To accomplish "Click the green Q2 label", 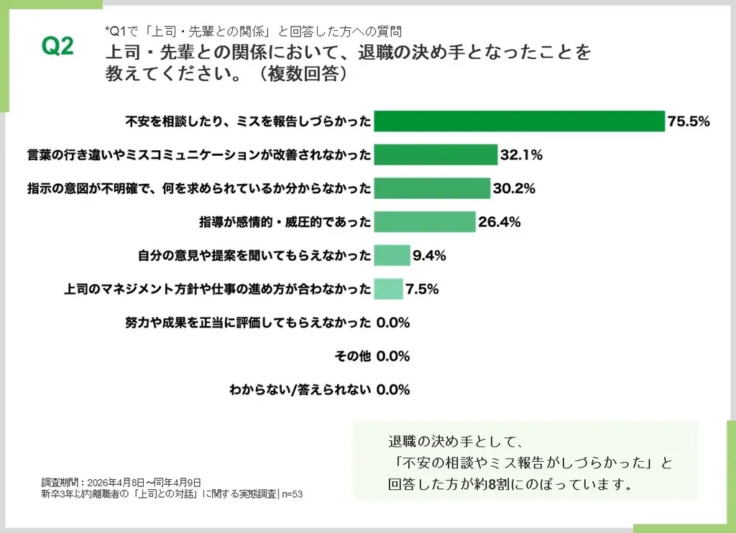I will pos(58,47).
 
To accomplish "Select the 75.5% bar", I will pos(519,121).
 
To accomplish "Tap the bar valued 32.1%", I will pos(436,154).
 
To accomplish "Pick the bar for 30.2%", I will pos(432,188).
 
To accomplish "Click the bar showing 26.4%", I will pos(425,222).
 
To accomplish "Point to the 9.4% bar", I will pos(392,255).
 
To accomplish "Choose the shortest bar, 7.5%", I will pos(388,289).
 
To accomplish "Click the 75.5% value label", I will pos(689,121).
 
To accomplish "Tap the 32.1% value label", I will pos(521,154).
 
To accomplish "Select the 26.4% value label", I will pos(500,222).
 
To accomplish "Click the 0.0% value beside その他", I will pos(392,356).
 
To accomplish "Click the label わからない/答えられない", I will pos(300,390).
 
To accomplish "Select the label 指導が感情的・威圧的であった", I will pos(285,222).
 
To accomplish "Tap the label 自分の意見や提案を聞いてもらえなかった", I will pos(254,255).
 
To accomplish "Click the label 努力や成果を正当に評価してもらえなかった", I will pos(248,323).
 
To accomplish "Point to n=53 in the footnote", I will pos(292,494).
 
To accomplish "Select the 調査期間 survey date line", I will pos(121,482).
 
